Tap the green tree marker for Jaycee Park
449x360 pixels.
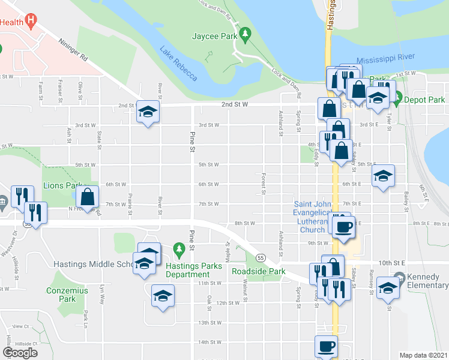click(x=244, y=32)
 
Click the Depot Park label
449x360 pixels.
click(x=424, y=100)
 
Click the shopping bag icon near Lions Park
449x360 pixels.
click(x=88, y=197)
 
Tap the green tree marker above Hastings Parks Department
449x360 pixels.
click(x=178, y=248)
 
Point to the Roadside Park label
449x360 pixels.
click(x=259, y=271)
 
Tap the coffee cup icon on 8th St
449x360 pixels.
click(x=343, y=227)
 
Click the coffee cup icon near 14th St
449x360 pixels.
click(x=326, y=346)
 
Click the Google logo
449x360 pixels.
click(x=20, y=352)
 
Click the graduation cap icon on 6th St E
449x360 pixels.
click(x=383, y=176)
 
